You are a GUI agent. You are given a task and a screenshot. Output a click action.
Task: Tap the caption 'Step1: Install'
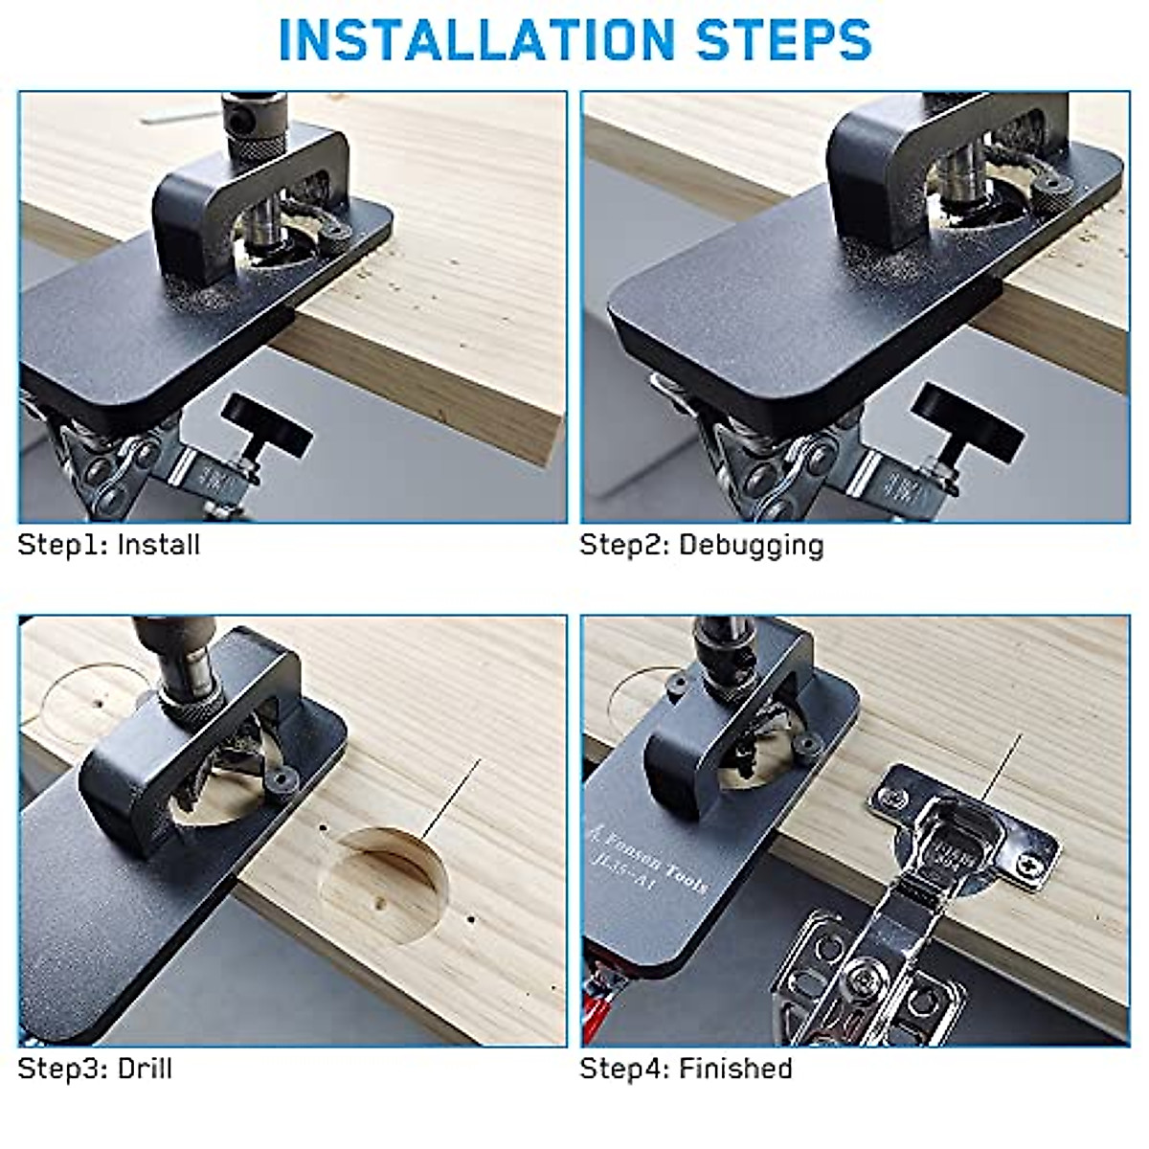109,545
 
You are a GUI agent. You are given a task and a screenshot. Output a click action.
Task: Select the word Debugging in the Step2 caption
751,546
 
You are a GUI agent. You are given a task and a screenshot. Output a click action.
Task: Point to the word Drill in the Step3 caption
145,1069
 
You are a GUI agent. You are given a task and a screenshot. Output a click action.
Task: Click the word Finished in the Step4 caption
735,1069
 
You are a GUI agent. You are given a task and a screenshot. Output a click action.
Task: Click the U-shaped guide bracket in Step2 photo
919,172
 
